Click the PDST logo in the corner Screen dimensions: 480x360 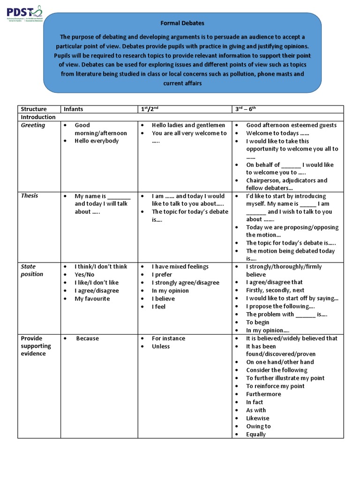click(x=24, y=15)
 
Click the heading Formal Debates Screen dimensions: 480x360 click(x=183, y=23)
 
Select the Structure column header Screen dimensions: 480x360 click(x=34, y=109)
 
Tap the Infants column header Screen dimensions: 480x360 click(x=73, y=109)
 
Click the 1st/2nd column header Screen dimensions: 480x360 click(x=150, y=109)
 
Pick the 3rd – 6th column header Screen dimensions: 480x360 click(x=246, y=109)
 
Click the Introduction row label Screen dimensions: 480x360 click(x=38, y=117)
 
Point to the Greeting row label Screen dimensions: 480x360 click(x=33, y=125)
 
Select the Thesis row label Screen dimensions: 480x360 click(x=30, y=196)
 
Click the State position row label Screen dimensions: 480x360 click(x=32, y=270)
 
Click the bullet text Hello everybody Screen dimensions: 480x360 click(x=97, y=141)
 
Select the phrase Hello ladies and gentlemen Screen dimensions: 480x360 click(x=188, y=125)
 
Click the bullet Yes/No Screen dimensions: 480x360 click(x=84, y=275)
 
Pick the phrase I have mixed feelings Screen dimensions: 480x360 click(x=180, y=267)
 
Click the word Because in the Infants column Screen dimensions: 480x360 click(x=88, y=338)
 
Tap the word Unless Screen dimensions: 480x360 click(x=161, y=346)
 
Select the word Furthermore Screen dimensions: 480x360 click(x=263, y=394)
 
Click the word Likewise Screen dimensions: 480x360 click(x=258, y=418)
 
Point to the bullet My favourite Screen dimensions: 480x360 click(x=92, y=299)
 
